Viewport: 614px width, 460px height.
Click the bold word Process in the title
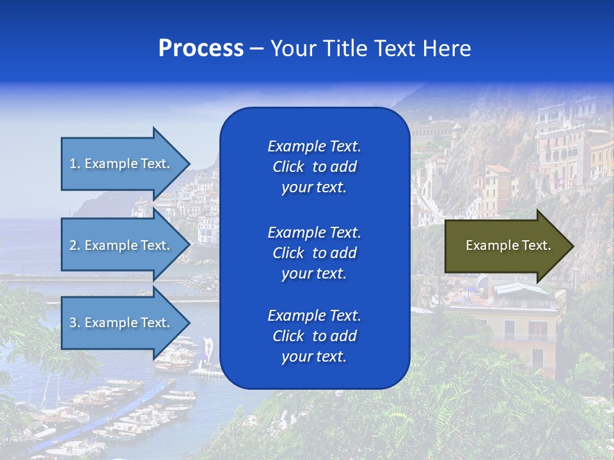click(201, 49)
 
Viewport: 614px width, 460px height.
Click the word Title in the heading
click(346, 49)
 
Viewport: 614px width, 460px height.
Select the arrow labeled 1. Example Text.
click(122, 164)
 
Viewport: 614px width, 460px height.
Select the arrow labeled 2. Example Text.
click(122, 245)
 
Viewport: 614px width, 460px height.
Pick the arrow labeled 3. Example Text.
click(122, 323)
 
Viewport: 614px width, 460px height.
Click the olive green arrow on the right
click(505, 245)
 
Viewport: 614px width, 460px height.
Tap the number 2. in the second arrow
click(75, 245)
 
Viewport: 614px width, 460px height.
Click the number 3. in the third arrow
click(75, 323)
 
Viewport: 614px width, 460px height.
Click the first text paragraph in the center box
click(314, 167)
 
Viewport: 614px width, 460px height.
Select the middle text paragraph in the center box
click(314, 252)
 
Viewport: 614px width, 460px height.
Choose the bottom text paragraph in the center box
click(314, 336)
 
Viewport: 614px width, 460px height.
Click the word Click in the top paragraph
click(288, 167)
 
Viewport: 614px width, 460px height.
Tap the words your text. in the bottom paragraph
click(314, 357)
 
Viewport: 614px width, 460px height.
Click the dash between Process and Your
click(256, 49)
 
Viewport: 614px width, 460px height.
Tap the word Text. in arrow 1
click(155, 164)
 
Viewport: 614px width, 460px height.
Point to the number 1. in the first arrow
click(74, 164)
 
